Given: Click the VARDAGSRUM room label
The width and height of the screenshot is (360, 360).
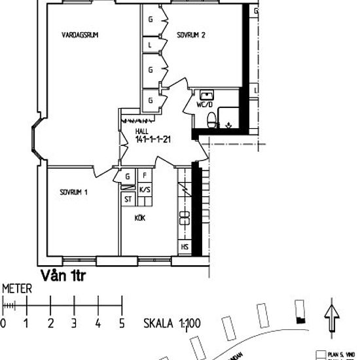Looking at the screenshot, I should click(80, 36).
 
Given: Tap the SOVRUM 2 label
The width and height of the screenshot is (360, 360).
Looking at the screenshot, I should click(191, 36).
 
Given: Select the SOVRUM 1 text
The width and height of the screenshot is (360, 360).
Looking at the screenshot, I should click(74, 192).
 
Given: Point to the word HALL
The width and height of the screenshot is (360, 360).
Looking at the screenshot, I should click(141, 131).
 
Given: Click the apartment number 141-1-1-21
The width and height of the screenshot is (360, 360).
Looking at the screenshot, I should click(153, 139).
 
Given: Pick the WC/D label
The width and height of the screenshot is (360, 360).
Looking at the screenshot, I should click(204, 104).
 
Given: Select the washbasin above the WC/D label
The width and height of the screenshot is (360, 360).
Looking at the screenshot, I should click(207, 94).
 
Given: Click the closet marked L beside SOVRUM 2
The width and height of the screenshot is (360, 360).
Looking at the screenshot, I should click(150, 45).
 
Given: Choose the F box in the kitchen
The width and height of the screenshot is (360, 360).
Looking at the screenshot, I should click(145, 176).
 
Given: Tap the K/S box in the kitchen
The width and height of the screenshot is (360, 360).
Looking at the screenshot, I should click(145, 189).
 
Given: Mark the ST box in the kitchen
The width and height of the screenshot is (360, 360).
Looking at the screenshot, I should click(128, 200).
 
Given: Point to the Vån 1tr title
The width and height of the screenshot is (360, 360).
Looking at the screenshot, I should click(63, 276).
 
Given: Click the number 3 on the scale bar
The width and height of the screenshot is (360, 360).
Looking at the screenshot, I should click(74, 323).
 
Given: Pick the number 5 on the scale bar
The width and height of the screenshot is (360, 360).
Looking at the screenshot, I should click(121, 323).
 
